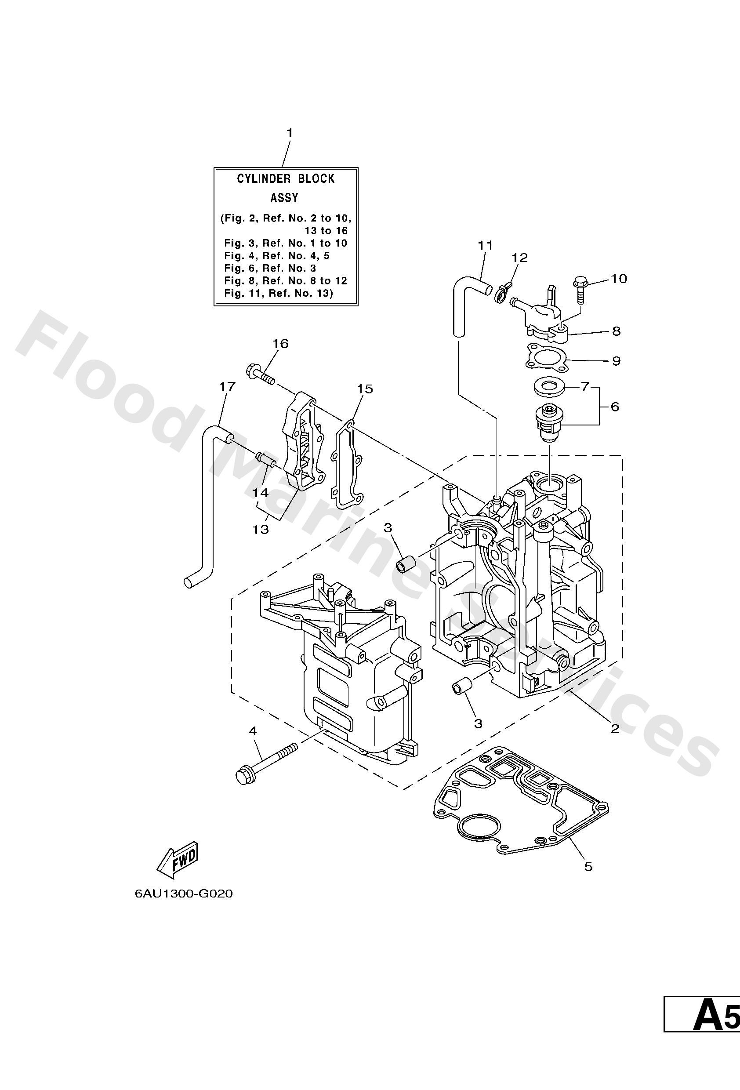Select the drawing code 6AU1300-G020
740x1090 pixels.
click(183, 894)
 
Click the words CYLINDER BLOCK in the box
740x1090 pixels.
click(286, 179)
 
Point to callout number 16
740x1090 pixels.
click(280, 343)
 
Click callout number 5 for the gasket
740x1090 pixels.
click(588, 866)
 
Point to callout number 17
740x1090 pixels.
click(227, 386)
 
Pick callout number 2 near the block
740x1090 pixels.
click(614, 728)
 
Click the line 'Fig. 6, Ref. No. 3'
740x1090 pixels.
click(270, 268)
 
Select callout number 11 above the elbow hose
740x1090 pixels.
click(486, 245)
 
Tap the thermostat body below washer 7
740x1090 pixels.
click(548, 420)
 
